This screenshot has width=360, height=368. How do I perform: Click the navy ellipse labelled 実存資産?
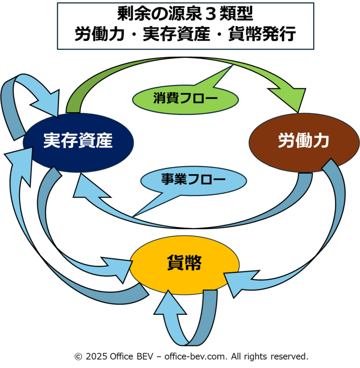click(x=78, y=141)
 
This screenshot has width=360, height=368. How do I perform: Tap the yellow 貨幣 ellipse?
click(x=184, y=265)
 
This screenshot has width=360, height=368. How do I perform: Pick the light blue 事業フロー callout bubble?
click(x=193, y=180)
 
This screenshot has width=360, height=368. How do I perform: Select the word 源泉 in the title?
click(x=177, y=14)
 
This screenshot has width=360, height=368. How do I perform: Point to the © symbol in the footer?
click(x=78, y=356)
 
